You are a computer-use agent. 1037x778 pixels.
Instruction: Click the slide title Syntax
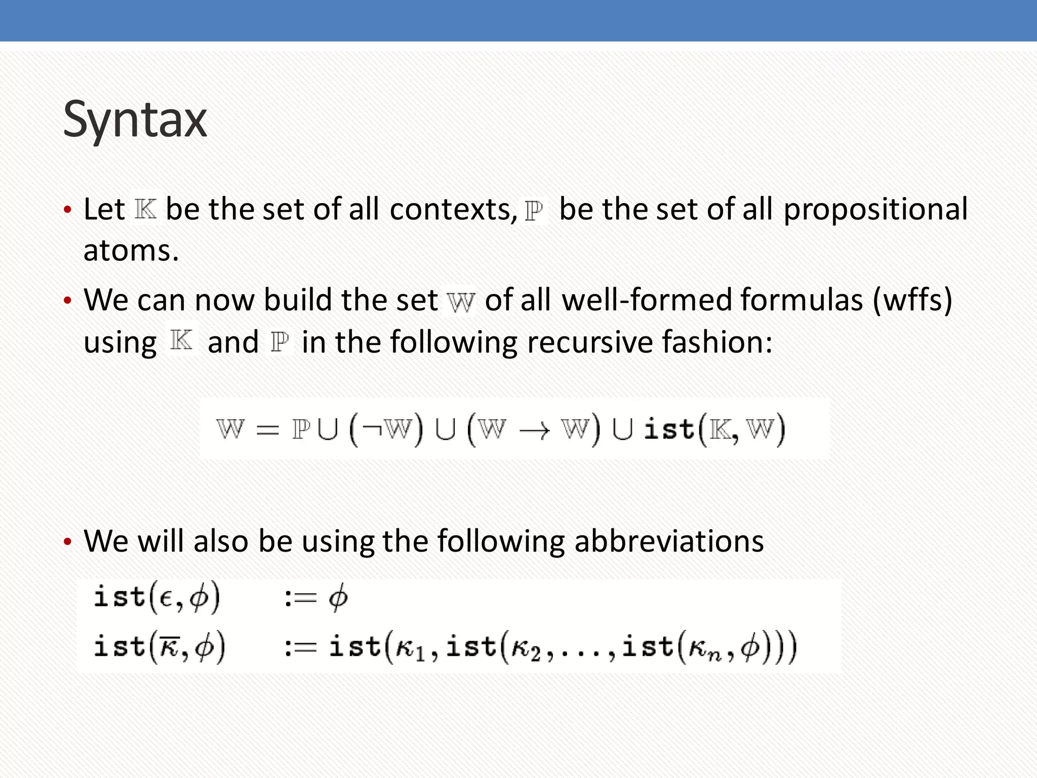coord(135,121)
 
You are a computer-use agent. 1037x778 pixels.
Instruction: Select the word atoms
coord(131,251)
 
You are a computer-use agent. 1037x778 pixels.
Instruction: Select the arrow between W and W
coord(534,431)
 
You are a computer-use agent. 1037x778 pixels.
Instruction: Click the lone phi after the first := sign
coord(338,598)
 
